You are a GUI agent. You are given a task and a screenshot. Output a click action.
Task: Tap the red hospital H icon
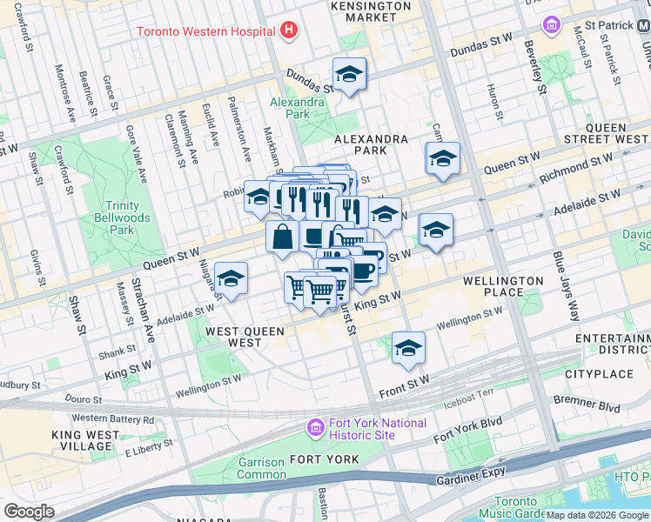[x=289, y=31]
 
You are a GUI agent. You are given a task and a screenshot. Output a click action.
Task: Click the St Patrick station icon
[x=549, y=24]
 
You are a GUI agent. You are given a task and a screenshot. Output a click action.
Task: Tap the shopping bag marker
[x=283, y=237]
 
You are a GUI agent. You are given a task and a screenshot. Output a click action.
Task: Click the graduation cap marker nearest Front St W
[x=407, y=347]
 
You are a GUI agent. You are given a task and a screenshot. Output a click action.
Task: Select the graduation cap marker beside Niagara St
[x=231, y=278]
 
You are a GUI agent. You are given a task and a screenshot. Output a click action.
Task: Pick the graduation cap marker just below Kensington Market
[x=349, y=73]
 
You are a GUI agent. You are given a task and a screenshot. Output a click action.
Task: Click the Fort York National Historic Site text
[x=378, y=429]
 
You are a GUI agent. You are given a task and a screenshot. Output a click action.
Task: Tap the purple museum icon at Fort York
[x=314, y=428]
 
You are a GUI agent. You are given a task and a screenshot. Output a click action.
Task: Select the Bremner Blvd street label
[x=596, y=407]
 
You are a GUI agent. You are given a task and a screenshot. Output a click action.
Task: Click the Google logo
[x=29, y=512]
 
